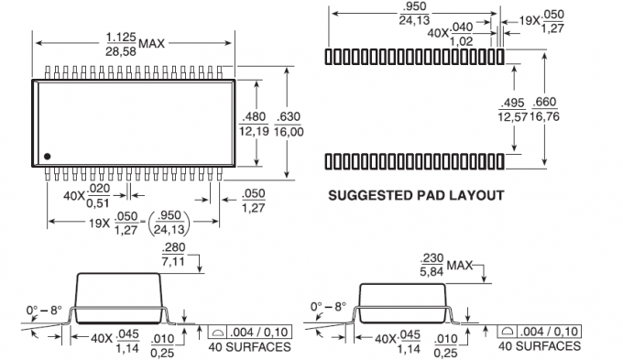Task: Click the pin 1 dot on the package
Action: click(x=48, y=157)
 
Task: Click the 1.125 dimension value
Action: click(x=121, y=38)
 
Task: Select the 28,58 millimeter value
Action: click(x=121, y=51)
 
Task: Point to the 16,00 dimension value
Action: click(x=289, y=132)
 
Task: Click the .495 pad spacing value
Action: click(x=512, y=104)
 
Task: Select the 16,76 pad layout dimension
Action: click(x=545, y=117)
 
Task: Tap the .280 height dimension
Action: click(x=174, y=247)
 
